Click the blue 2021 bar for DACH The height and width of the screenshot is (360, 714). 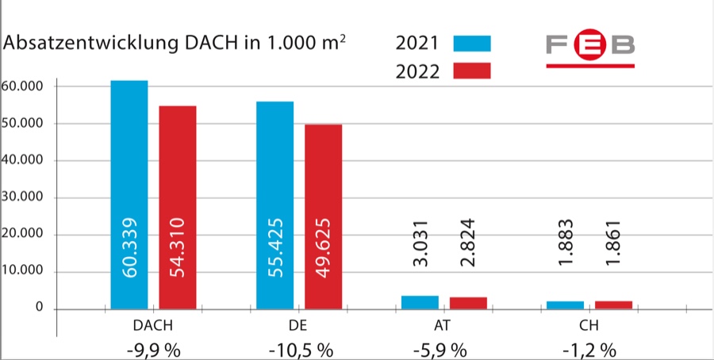tap(129, 159)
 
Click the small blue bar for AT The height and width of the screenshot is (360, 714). tap(420, 302)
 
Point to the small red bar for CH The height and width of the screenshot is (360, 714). tap(614, 304)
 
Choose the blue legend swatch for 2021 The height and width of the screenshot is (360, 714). tap(472, 43)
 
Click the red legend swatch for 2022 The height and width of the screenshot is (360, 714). tap(472, 71)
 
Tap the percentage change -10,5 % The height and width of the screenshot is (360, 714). tap(301, 349)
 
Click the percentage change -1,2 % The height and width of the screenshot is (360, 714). tap(589, 349)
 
